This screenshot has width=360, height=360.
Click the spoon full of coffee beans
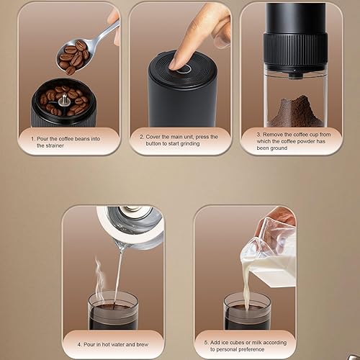pyautogui.click(x=73, y=56)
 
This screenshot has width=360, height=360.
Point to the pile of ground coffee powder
pyautogui.click(x=296, y=114)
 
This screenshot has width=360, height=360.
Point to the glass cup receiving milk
pyautogui.click(x=247, y=312)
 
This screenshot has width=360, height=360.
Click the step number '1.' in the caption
pyautogui.click(x=33, y=138)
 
